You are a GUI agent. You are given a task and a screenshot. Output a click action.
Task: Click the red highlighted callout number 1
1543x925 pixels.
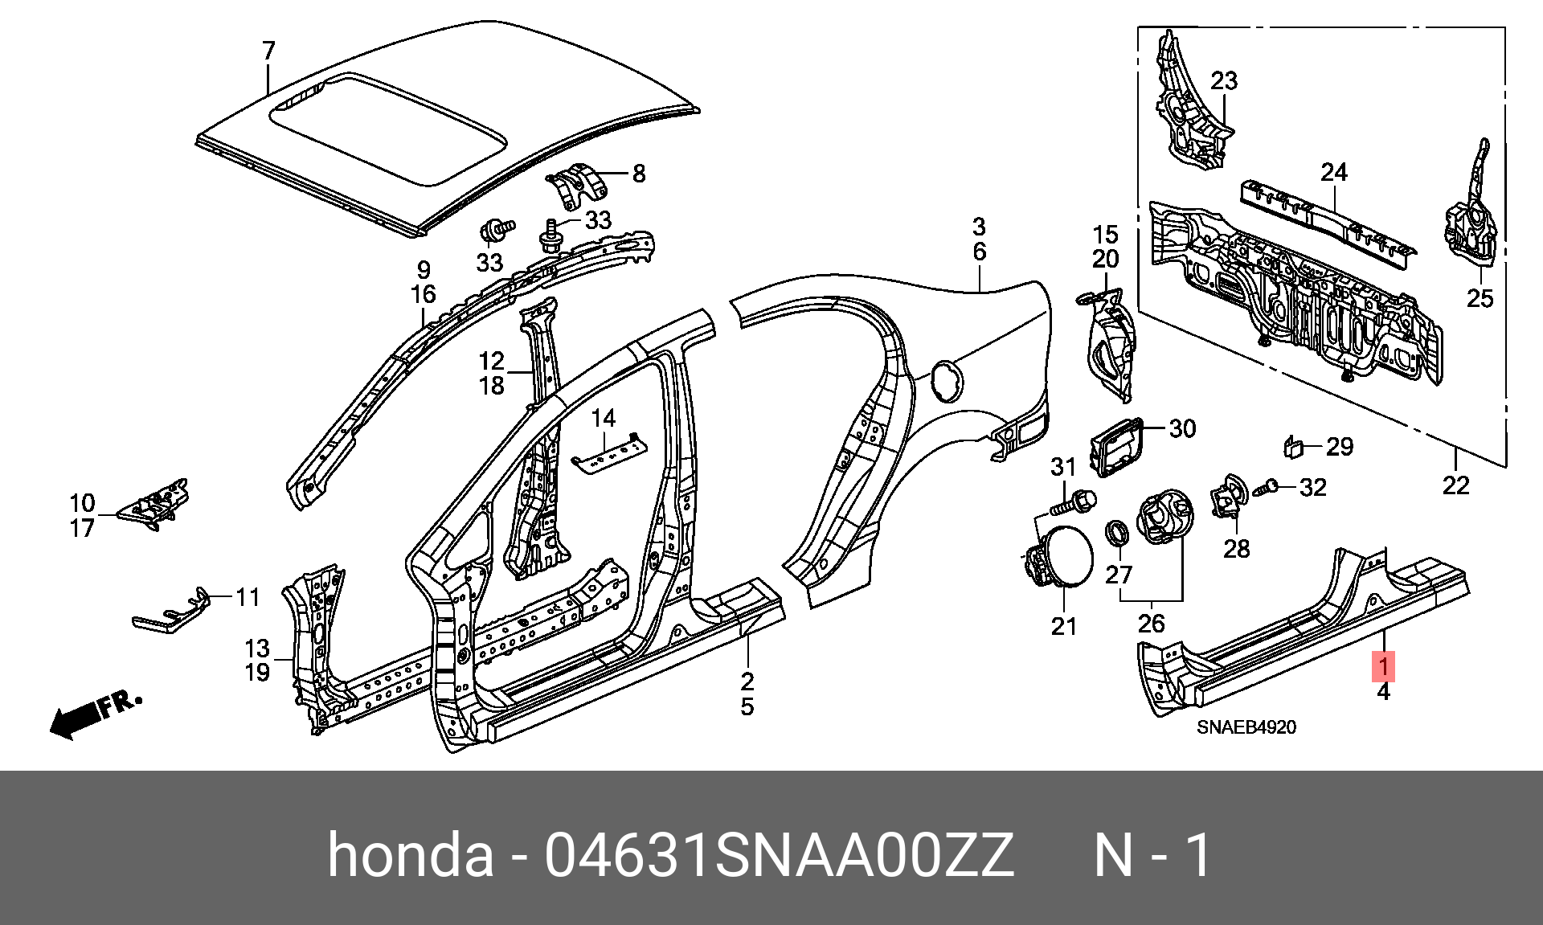(x=1384, y=666)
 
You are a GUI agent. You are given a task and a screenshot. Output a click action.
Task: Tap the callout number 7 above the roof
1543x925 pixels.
(x=269, y=51)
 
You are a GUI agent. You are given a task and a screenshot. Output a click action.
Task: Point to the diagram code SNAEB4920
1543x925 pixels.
(x=1246, y=727)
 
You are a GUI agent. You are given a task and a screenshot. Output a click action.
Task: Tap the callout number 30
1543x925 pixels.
(x=1182, y=428)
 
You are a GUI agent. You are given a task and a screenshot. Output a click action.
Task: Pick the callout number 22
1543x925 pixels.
(x=1455, y=485)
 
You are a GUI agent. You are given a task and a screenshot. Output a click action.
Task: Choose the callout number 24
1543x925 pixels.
(x=1334, y=172)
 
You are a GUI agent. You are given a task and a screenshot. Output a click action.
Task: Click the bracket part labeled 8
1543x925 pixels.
(x=577, y=187)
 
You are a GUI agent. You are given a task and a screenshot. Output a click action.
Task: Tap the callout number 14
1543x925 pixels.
(x=603, y=418)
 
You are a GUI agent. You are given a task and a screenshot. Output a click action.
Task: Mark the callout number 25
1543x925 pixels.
(x=1480, y=298)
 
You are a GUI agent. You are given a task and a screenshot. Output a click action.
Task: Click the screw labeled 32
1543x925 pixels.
(x=1264, y=488)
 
